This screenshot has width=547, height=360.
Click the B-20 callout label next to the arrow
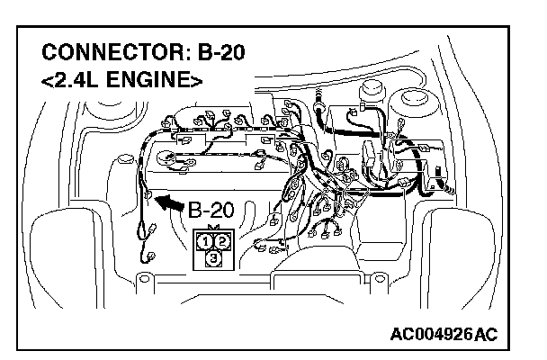[x=211, y=211]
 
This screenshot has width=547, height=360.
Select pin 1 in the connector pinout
[x=206, y=241]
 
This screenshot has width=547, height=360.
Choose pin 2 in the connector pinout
[x=221, y=241]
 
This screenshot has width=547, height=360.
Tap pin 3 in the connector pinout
[x=213, y=258]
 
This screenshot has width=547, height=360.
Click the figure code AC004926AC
[x=444, y=335]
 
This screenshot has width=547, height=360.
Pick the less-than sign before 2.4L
[x=47, y=79]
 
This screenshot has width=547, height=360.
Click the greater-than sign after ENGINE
[x=196, y=79]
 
